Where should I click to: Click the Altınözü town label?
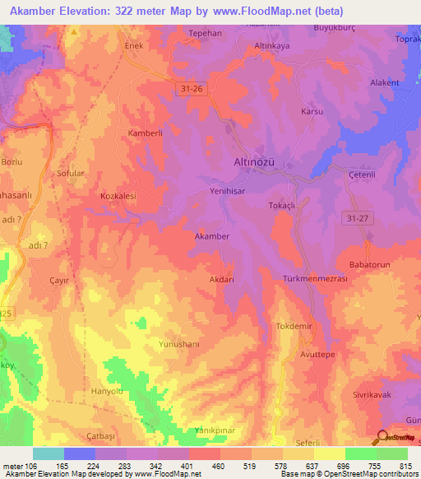click(254, 163)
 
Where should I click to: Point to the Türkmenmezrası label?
click(315, 279)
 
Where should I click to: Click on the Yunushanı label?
click(183, 345)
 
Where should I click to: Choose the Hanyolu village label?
click(107, 391)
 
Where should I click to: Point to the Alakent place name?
click(384, 82)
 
